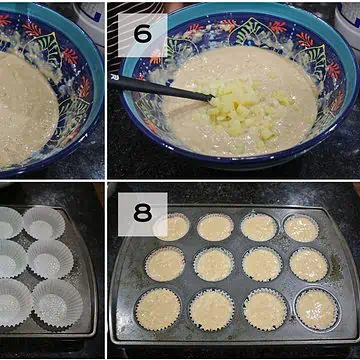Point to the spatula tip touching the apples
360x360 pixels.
211,98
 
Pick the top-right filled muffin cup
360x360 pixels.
301,228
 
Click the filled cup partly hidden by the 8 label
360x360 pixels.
172,227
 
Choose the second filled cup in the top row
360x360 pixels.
215,227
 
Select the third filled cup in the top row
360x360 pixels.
259,227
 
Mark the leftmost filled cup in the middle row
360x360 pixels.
165,263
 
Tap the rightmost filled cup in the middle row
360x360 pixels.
309,264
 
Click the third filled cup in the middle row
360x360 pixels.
262,264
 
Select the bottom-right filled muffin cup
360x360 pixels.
317,309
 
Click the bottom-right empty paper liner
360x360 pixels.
57,304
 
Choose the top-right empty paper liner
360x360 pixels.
44,222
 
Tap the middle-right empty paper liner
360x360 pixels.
50,259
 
